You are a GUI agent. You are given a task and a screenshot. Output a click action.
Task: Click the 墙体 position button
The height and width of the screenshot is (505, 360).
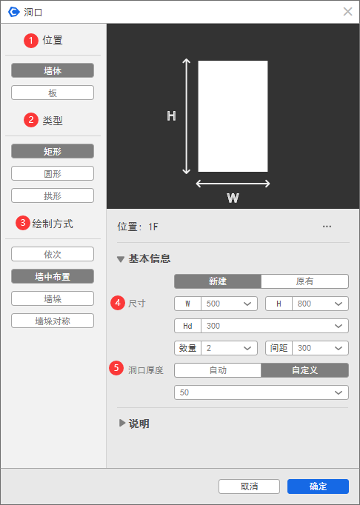pyautogui.click(x=53, y=70)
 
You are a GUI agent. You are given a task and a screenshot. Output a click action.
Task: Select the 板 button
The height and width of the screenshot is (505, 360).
pyautogui.click(x=53, y=93)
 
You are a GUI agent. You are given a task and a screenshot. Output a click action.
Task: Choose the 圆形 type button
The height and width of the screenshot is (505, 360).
pyautogui.click(x=53, y=173)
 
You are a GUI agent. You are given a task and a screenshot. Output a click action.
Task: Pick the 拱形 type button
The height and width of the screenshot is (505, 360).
pyautogui.click(x=53, y=195)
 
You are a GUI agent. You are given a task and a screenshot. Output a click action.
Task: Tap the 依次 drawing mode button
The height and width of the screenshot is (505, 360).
pyautogui.click(x=53, y=254)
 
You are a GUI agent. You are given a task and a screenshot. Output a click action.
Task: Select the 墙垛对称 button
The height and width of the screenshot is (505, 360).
pyautogui.click(x=53, y=321)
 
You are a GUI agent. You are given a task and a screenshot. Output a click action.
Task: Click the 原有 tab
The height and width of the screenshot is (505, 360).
pyautogui.click(x=304, y=281)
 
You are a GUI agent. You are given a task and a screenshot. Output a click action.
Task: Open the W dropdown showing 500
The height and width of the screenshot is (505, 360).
pyautogui.click(x=229, y=304)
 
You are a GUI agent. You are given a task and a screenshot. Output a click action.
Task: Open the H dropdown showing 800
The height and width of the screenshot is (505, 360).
pyautogui.click(x=320, y=304)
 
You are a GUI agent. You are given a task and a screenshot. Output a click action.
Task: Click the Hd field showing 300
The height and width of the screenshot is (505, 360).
pyautogui.click(x=275, y=326)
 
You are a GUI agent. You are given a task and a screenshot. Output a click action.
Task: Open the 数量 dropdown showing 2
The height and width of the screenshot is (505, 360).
pyautogui.click(x=229, y=348)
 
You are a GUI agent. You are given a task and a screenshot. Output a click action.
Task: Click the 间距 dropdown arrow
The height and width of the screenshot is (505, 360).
pyautogui.click(x=339, y=348)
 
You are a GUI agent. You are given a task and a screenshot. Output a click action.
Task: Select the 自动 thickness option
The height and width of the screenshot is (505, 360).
pyautogui.click(x=218, y=370)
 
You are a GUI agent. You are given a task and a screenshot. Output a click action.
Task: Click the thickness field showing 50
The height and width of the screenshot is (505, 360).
pyautogui.click(x=261, y=392)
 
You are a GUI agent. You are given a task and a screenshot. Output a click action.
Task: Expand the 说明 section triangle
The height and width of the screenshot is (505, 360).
pyautogui.click(x=122, y=424)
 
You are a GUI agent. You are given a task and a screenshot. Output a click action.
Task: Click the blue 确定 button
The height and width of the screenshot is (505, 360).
pyautogui.click(x=318, y=486)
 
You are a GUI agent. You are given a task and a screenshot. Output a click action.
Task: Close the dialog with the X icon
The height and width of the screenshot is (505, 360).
pyautogui.click(x=347, y=12)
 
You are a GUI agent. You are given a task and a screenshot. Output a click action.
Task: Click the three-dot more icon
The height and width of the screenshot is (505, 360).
pyautogui.click(x=327, y=227)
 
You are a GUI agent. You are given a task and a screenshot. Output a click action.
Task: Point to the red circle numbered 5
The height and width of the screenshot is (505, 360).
pyautogui.click(x=116, y=368)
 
